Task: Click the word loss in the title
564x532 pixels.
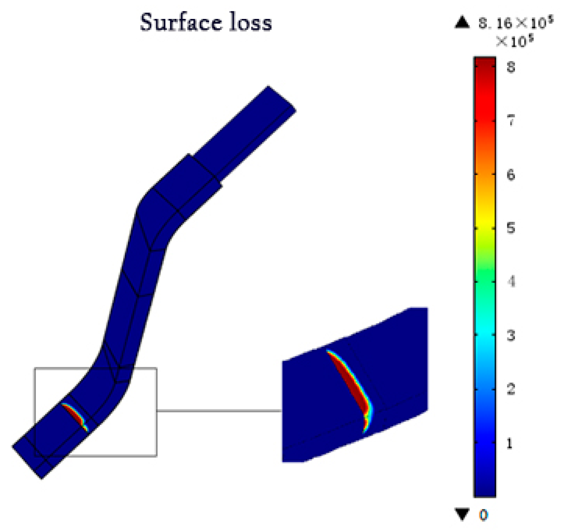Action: [251, 22]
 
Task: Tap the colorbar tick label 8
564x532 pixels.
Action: [510, 67]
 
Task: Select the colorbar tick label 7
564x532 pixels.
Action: [510, 120]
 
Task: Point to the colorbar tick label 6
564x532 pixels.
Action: [510, 174]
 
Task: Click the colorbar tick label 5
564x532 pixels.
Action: [510, 228]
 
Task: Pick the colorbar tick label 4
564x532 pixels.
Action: [510, 281]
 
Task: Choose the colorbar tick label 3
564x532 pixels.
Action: [510, 335]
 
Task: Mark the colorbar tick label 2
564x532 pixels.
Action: [510, 389]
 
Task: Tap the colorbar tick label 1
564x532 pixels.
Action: [509, 443]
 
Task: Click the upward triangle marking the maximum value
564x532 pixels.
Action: [462, 22]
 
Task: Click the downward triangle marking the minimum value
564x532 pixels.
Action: [462, 514]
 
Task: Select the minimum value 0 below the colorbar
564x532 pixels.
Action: [483, 515]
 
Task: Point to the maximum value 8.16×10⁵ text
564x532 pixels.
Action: [516, 23]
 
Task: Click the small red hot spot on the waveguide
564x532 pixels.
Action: [74, 414]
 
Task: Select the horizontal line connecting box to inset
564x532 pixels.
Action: [219, 411]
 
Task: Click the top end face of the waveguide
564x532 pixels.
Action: [282, 99]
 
